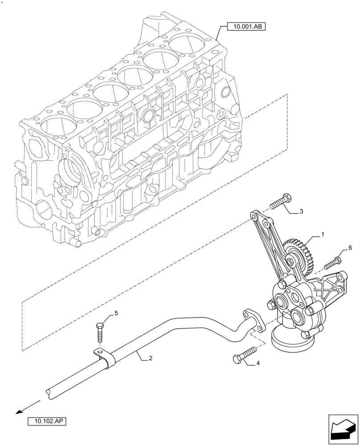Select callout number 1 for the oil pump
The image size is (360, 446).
click(x=323, y=234)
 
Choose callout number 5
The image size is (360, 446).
click(x=116, y=314)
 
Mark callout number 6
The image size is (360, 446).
click(x=350, y=248)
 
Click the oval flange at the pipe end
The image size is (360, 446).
click(x=253, y=320)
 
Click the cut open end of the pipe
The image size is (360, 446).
click(x=49, y=392)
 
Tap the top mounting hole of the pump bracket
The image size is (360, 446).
click(x=254, y=217)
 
